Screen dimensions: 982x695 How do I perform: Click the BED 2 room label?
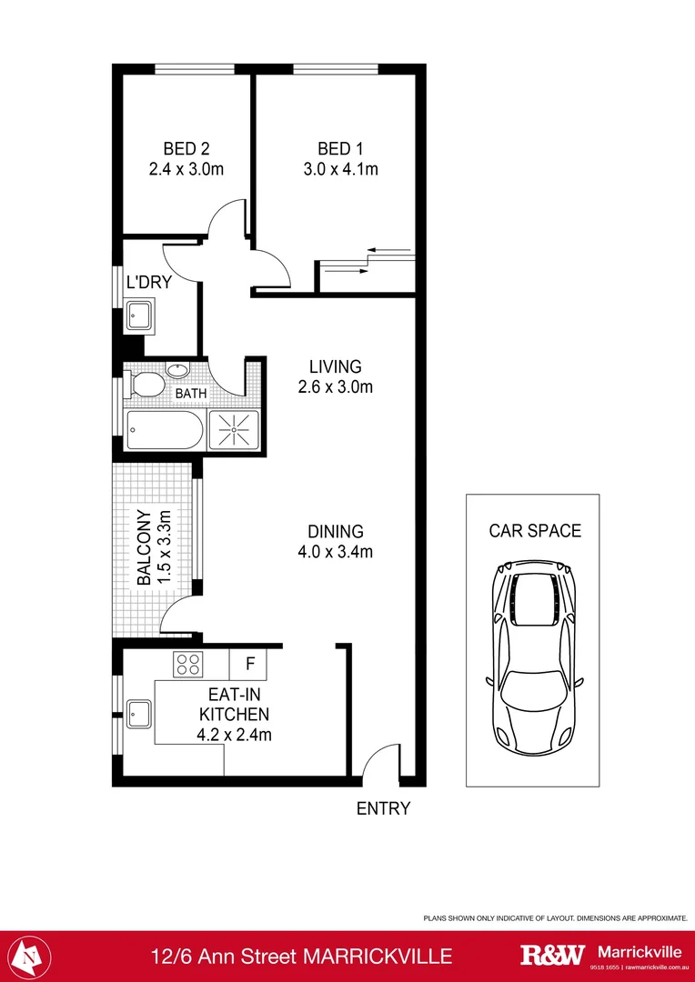pyautogui.click(x=186, y=148)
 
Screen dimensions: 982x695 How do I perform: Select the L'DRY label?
pyautogui.click(x=148, y=282)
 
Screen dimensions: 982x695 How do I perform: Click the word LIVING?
pyautogui.click(x=335, y=366)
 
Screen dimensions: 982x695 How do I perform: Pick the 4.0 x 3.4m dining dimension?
pyautogui.click(x=335, y=551)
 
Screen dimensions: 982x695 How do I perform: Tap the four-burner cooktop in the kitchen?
pyautogui.click(x=188, y=665)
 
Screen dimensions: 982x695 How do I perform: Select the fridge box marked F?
pyautogui.click(x=249, y=665)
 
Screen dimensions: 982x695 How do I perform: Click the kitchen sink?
pyautogui.click(x=139, y=713)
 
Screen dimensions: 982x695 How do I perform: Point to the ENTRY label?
pyautogui.click(x=383, y=807)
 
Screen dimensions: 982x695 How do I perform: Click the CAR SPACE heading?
pyautogui.click(x=534, y=531)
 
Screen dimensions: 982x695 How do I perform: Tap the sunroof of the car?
pyautogui.click(x=533, y=599)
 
